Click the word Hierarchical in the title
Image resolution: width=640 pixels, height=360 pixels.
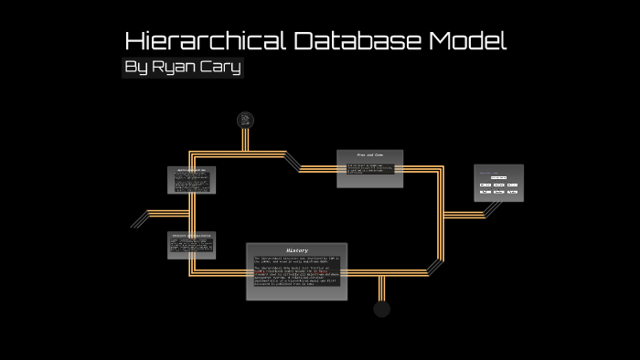205,41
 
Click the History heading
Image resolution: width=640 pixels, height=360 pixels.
297,249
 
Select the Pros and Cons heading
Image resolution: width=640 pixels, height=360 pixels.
370,155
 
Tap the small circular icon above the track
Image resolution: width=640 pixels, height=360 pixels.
245,120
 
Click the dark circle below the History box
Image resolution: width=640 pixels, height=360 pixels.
382,309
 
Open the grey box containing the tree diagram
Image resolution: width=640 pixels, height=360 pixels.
498,183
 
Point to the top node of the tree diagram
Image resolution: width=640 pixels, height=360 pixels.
498,176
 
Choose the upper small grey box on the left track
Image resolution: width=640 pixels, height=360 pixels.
191,180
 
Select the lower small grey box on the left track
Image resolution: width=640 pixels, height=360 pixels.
191,245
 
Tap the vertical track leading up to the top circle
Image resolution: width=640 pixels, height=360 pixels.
245,139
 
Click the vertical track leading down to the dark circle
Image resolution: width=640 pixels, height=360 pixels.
382,287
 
